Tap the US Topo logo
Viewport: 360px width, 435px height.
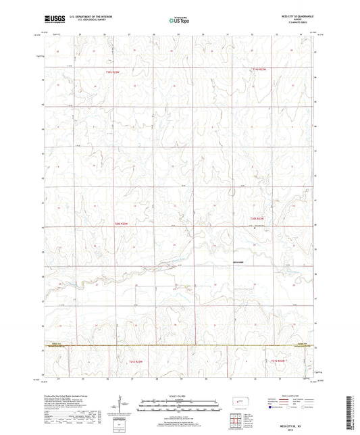coord(180,21)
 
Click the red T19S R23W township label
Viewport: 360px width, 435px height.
coord(112,72)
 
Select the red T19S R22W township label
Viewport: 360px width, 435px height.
coord(261,69)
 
